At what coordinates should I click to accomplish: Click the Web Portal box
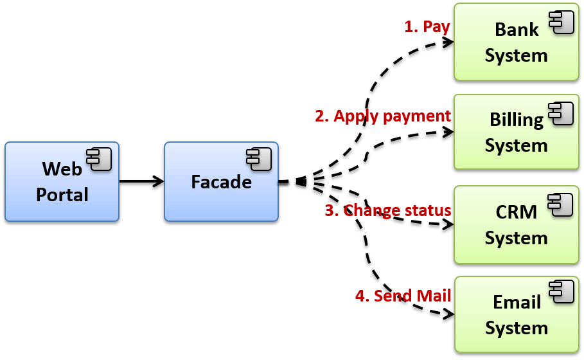pyautogui.click(x=62, y=182)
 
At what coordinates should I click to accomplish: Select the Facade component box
pyautogui.click(x=221, y=182)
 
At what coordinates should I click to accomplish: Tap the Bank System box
pyautogui.click(x=516, y=42)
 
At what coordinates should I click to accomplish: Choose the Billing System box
pyautogui.click(x=516, y=132)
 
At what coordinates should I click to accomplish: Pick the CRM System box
pyautogui.click(x=516, y=224)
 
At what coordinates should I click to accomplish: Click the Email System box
pyautogui.click(x=516, y=315)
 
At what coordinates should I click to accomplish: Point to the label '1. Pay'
pyautogui.click(x=427, y=27)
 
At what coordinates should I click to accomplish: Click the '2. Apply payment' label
pyautogui.click(x=383, y=116)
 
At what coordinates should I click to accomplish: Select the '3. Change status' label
pyautogui.click(x=388, y=210)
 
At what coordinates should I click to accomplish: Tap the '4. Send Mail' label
pyautogui.click(x=403, y=296)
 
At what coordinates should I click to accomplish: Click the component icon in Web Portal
pyautogui.click(x=100, y=159)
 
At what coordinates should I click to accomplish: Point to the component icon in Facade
pyautogui.click(x=259, y=159)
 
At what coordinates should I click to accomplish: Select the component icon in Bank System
pyautogui.click(x=561, y=22)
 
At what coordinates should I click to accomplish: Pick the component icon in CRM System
pyautogui.click(x=560, y=204)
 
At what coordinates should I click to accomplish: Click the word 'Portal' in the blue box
pyautogui.click(x=62, y=194)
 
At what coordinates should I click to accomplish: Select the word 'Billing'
pyautogui.click(x=517, y=120)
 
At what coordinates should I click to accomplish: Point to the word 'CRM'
pyautogui.click(x=517, y=212)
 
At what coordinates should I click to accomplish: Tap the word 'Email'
pyautogui.click(x=517, y=302)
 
